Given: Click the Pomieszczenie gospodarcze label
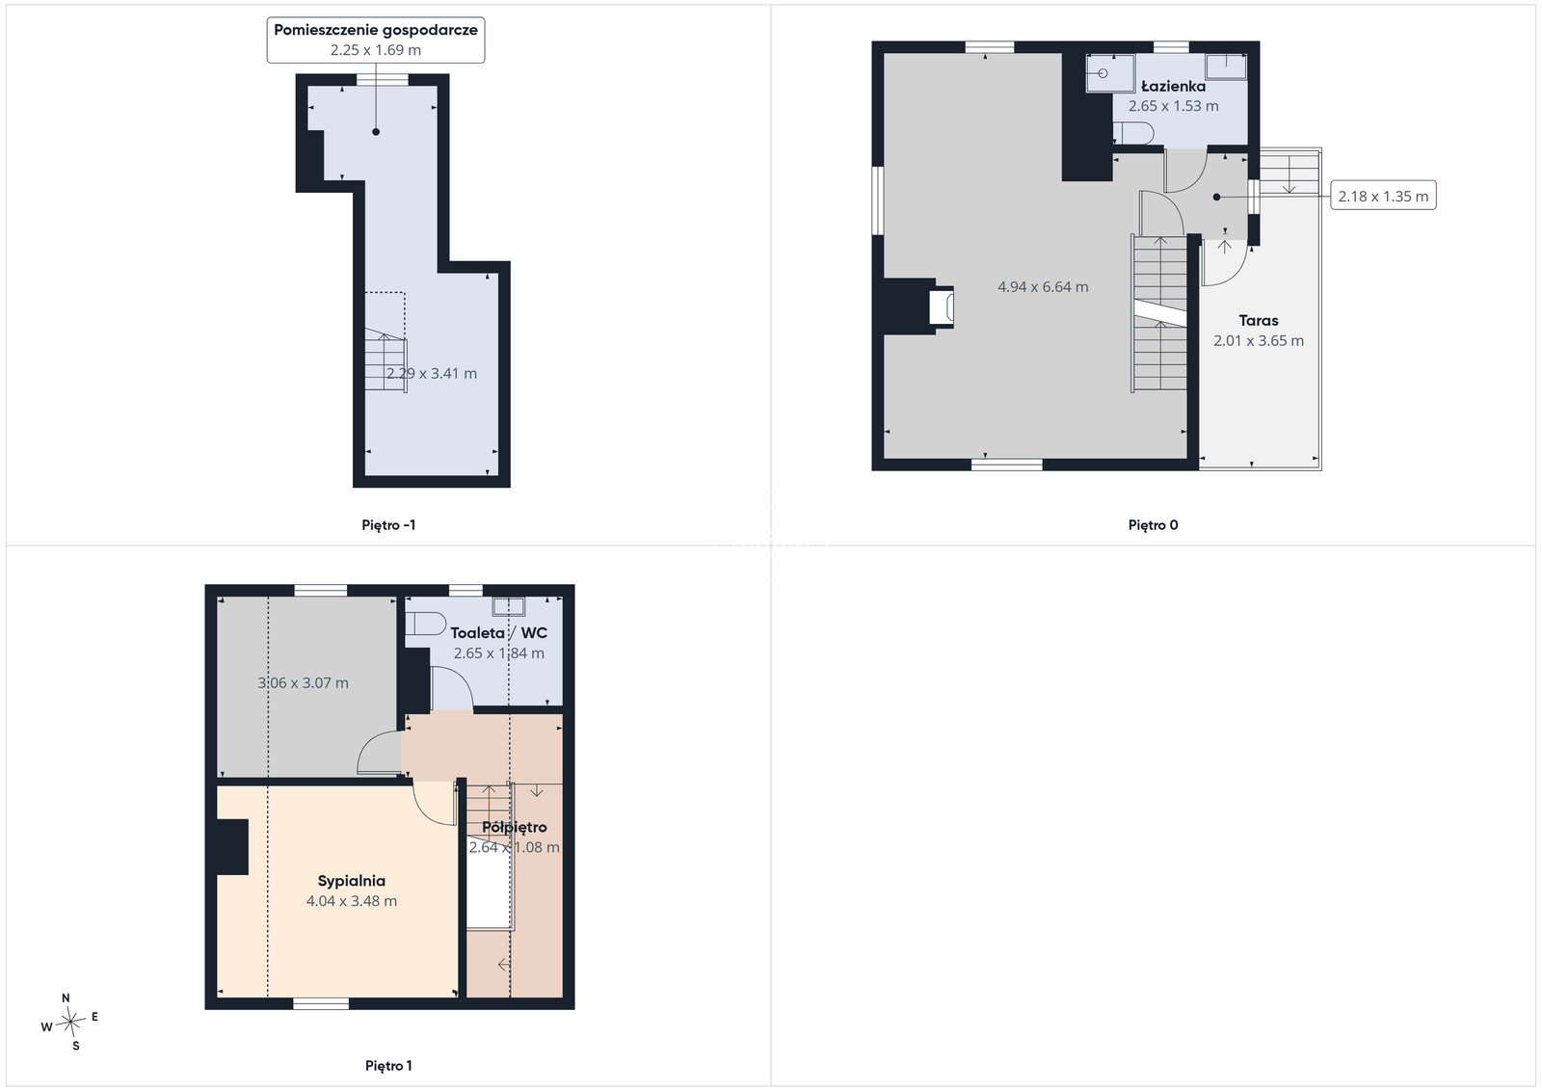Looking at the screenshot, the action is tap(376, 30).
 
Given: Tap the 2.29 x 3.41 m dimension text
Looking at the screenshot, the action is tap(431, 374).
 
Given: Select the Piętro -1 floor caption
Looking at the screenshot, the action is tap(388, 525).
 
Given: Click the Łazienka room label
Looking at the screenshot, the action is tap(1173, 87).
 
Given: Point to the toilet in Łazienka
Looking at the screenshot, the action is tap(1133, 133).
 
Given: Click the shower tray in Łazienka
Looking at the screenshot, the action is tap(1110, 73).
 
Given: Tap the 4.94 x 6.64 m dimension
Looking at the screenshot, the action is tap(1043, 287).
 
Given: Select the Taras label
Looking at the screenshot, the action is tap(1259, 321).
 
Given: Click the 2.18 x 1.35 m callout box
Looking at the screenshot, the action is tap(1383, 197).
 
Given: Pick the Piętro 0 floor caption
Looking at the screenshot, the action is tap(1153, 525).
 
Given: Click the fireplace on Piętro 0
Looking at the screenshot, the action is tap(941, 307).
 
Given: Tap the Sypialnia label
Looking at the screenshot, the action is tap(351, 881).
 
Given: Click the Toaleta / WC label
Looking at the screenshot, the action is tap(498, 633).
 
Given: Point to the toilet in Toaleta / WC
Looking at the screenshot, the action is tap(425, 624).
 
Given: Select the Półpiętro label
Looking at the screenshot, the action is tap(515, 827).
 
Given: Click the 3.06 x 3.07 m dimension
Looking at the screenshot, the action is tap(303, 683).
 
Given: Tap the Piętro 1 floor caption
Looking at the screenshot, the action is tap(388, 1066).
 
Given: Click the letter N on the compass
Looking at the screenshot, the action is tap(66, 998).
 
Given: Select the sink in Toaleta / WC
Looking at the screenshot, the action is tap(508, 605).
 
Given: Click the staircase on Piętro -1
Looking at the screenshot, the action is tap(385, 360).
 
